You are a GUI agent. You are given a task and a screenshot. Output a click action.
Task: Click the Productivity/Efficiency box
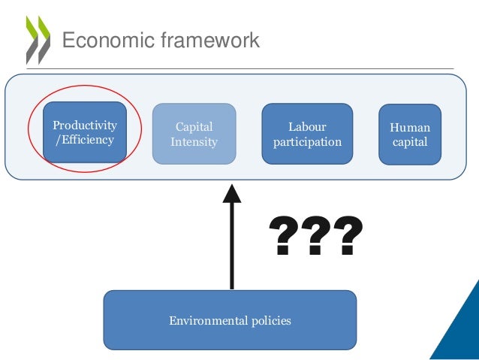pos(84,132)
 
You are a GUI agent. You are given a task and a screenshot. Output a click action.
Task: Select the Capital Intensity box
pos(194,134)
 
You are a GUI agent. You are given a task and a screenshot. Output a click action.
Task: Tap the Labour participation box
pos(307,134)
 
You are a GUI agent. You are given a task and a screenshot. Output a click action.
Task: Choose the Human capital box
pos(410,135)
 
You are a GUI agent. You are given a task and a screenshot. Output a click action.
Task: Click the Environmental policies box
pos(230,321)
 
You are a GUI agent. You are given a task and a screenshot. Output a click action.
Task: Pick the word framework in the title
pos(209,40)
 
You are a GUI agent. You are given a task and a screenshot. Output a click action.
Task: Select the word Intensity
pos(194,141)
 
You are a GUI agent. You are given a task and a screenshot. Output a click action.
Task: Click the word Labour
pos(307,126)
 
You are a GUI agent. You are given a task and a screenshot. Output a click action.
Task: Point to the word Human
pos(410,127)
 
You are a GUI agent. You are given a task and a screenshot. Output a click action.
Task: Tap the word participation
pos(307,141)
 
